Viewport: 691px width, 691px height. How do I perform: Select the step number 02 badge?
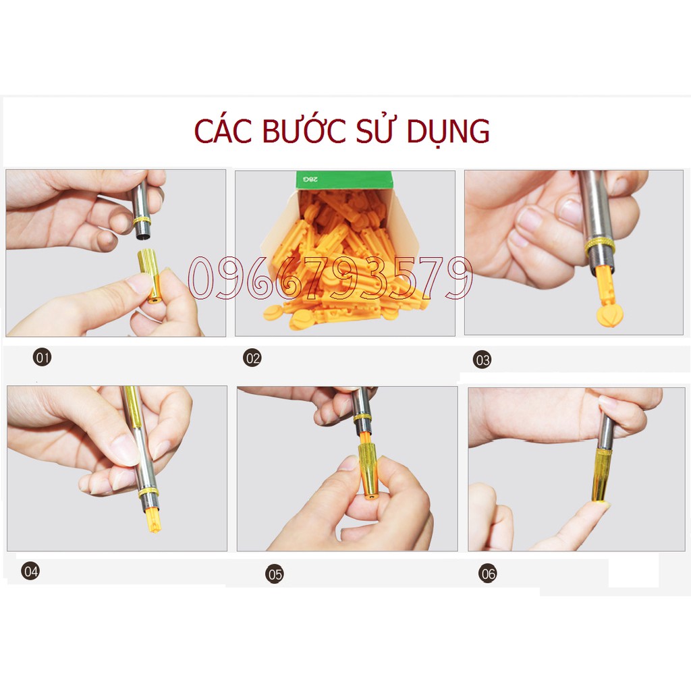[x=252, y=358]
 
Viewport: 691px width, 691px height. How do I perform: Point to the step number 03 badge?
[x=482, y=360]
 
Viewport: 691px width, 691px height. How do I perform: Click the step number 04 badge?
[x=30, y=572]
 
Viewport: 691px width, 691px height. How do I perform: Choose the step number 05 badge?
[x=275, y=575]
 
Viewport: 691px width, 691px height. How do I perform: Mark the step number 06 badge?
[x=488, y=574]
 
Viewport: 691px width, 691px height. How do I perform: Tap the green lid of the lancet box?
[x=344, y=180]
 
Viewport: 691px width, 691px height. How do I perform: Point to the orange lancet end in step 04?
[x=153, y=520]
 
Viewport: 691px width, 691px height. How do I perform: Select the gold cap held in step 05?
[x=369, y=472]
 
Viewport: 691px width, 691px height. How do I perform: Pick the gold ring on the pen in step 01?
[x=142, y=221]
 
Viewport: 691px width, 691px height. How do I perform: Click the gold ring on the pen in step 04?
[x=148, y=492]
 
